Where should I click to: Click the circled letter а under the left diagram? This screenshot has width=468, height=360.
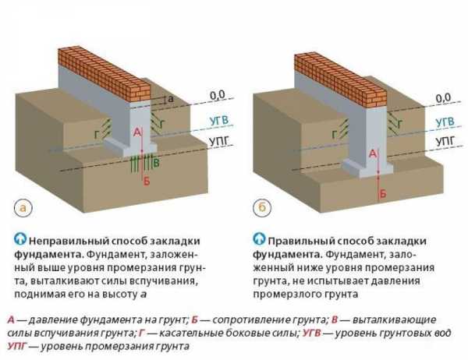[x=22, y=207]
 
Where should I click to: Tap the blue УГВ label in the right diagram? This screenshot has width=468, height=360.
[x=445, y=122]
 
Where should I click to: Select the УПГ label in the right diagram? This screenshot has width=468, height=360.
[x=445, y=142]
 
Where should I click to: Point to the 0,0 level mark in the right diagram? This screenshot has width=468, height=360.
[x=443, y=97]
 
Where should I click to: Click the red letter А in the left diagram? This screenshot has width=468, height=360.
[x=137, y=134]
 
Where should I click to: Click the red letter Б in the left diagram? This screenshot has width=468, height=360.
[x=147, y=181]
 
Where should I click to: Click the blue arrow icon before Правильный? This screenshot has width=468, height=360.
[x=260, y=237]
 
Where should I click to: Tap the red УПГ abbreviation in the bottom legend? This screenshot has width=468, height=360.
[x=19, y=346]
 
